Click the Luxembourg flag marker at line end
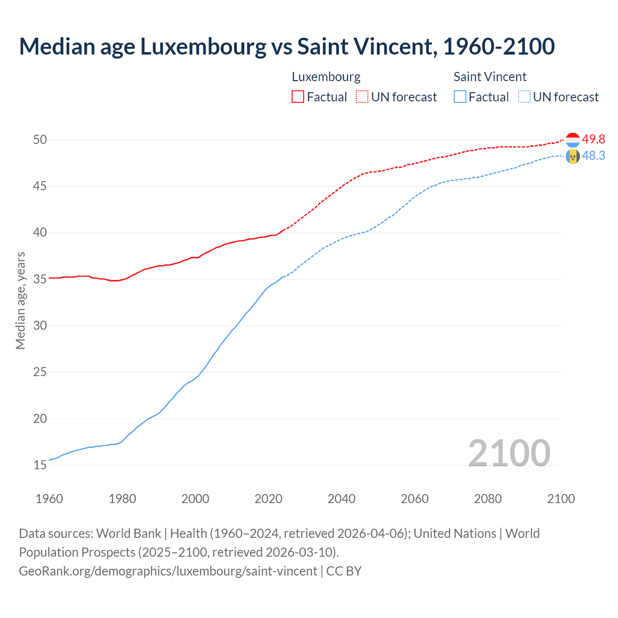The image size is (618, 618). pyautogui.click(x=573, y=140)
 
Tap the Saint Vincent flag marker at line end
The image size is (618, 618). pyautogui.click(x=573, y=156)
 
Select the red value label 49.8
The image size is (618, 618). pyautogui.click(x=593, y=139)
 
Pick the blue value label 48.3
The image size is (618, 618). pyautogui.click(x=593, y=155)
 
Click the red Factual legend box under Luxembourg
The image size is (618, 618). pyautogui.click(x=298, y=97)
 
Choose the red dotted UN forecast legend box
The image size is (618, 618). pyautogui.click(x=362, y=97)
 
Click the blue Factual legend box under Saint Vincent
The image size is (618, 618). pyautogui.click(x=460, y=97)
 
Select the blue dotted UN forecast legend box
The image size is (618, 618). pyautogui.click(x=524, y=97)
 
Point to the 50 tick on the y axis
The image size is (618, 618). pyautogui.click(x=40, y=140)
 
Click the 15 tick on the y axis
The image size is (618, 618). pyautogui.click(x=40, y=465)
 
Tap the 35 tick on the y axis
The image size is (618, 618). pyautogui.click(x=40, y=279)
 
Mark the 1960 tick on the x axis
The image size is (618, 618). pyautogui.click(x=49, y=499)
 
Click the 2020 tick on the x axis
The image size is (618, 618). pyautogui.click(x=268, y=499)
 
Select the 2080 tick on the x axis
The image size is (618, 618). pyautogui.click(x=488, y=499)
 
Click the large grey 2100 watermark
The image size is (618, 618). pyautogui.click(x=509, y=453)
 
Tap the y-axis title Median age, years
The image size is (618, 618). pyautogui.click(x=20, y=300)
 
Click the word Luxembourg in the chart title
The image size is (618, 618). pyautogui.click(x=203, y=47)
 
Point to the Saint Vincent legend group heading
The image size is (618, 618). pyautogui.click(x=490, y=77)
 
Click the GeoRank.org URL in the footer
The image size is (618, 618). pyautogui.click(x=168, y=571)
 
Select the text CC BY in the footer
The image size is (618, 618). pyautogui.click(x=344, y=571)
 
